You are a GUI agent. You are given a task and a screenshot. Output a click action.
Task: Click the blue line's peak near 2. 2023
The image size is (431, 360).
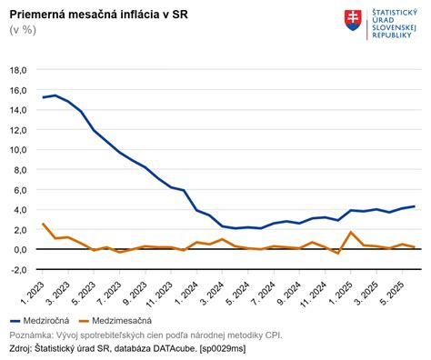point(55,95)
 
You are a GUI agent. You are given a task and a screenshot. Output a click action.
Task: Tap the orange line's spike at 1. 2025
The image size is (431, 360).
point(351,232)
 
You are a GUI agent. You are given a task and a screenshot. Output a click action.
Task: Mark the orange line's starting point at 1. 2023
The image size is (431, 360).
point(43,224)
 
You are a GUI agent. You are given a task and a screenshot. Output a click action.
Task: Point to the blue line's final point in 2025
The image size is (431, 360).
point(415,206)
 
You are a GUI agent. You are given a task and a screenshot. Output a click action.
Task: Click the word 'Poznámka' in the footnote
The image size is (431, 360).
point(33,334)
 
